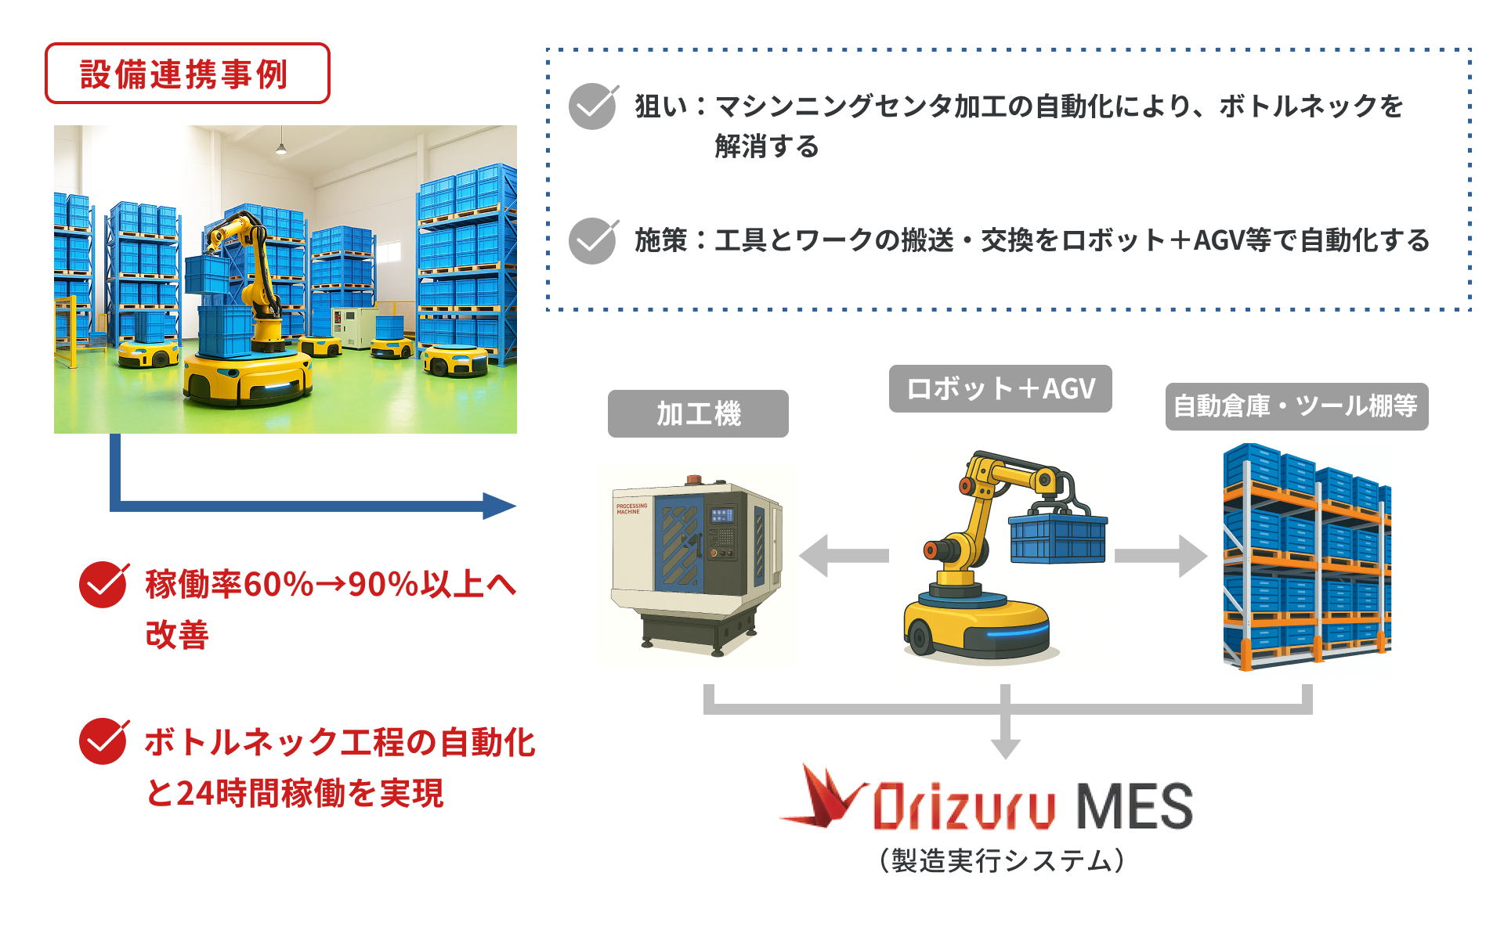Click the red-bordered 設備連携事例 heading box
click(187, 74)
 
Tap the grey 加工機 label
click(698, 413)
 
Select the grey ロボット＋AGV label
click(1000, 388)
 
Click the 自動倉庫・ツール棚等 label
click(1296, 406)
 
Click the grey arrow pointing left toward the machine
click(844, 556)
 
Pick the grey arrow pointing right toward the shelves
click(1161, 556)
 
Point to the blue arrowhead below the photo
click(499, 506)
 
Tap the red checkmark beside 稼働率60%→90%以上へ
click(103, 585)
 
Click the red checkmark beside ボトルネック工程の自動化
click(103, 741)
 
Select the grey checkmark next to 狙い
click(593, 106)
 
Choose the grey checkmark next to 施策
click(593, 240)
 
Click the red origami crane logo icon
click(822, 797)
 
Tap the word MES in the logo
click(1134, 806)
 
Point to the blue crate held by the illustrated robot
click(1058, 536)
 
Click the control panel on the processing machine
click(721, 532)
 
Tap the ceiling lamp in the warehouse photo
click(280, 147)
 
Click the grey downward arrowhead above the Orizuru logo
click(1005, 748)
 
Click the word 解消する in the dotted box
click(767, 146)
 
